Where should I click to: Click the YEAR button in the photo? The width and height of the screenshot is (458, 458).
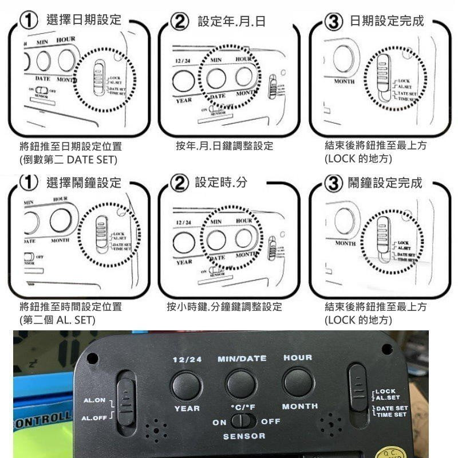[186, 384]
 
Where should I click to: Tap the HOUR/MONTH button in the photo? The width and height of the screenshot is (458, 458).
[298, 382]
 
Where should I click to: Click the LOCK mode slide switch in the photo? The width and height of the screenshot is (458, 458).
[358, 389]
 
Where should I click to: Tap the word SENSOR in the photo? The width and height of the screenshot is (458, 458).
[244, 436]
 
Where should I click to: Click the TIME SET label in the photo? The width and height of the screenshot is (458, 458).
[392, 414]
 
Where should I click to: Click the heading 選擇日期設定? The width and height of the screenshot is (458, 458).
[84, 21]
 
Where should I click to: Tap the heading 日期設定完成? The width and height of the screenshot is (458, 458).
[386, 21]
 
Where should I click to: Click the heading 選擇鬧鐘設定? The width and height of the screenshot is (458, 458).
[84, 183]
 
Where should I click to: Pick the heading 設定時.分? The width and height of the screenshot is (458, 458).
[220, 183]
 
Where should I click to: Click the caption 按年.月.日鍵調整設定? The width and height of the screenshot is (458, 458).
[224, 147]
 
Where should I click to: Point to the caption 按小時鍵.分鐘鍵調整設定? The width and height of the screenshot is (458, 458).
[224, 307]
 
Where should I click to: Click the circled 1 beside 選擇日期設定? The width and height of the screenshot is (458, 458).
[28, 22]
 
